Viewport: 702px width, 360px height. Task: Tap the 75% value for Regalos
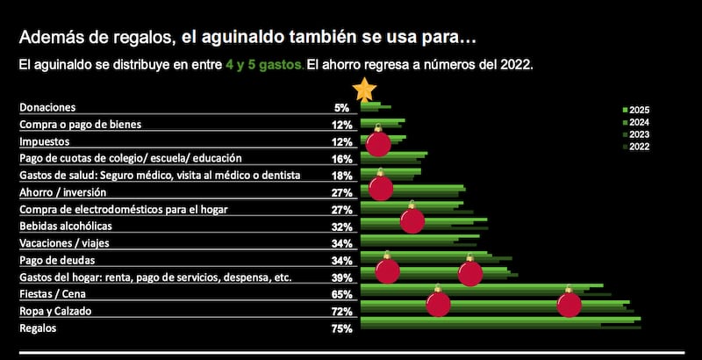pos(343,328)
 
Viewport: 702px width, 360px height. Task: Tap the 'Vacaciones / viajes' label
pos(64,243)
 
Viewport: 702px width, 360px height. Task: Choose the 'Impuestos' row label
pos(45,141)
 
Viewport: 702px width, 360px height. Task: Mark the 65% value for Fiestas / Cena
pos(343,294)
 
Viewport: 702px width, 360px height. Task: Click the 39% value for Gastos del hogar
pos(343,277)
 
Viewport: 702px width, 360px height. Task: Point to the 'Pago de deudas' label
pos(58,261)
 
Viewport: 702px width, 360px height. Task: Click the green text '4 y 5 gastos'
pos(264,65)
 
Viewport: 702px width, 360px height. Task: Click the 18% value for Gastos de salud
pos(343,176)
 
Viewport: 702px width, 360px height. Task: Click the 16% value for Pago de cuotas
pos(343,159)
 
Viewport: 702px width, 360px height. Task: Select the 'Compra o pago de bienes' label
pos(80,125)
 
